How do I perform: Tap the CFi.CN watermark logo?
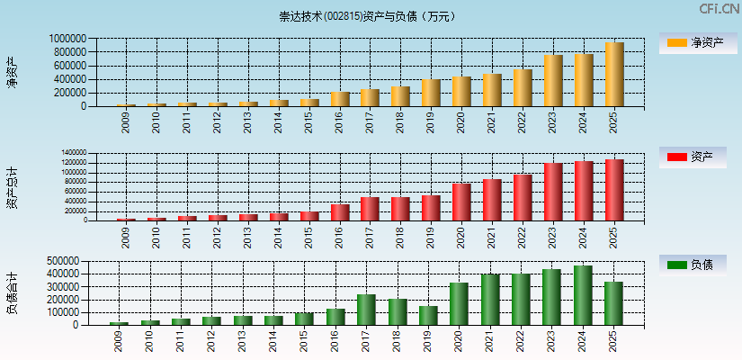pyautogui.click(x=720, y=9)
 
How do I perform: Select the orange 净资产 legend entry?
pyautogui.click(x=692, y=42)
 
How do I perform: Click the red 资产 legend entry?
pyautogui.click(x=692, y=157)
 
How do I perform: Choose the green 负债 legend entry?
pyautogui.click(x=692, y=265)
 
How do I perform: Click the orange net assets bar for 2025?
pyautogui.click(x=614, y=75)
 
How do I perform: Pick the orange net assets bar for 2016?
pyautogui.click(x=339, y=99)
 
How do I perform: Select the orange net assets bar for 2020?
pyautogui.click(x=461, y=92)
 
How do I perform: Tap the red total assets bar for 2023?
pyautogui.click(x=553, y=192)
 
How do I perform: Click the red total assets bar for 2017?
pyautogui.click(x=370, y=209)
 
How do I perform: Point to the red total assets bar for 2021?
pyautogui.click(x=492, y=200)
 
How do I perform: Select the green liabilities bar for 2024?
pyautogui.click(x=583, y=295)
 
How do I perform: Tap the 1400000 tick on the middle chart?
pyautogui.click(x=75, y=153)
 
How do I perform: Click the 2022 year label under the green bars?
pyautogui.click(x=521, y=341)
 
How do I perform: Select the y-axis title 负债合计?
pyautogui.click(x=12, y=292)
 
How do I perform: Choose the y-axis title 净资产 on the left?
pyautogui.click(x=12, y=72)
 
